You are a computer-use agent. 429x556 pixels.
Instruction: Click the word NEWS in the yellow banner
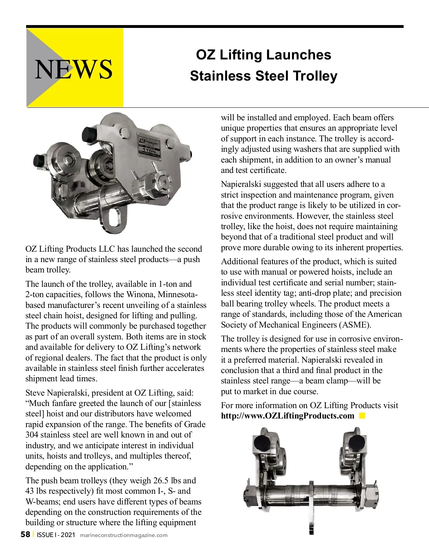pos(73,69)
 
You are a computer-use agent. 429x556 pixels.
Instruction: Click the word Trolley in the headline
pos(315,76)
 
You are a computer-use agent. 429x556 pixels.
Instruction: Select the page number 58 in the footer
pos(25,535)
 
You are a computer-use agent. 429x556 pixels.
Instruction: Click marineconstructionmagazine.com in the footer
pos(124,535)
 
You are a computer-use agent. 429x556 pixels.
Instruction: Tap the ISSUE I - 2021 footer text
pos(56,535)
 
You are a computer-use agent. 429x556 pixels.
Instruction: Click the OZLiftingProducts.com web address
pos(287,416)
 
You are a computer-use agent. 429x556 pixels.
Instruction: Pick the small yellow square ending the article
pos(362,415)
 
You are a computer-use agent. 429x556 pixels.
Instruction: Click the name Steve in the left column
pos(35,393)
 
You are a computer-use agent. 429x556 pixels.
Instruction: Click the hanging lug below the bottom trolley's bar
pos(311,517)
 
